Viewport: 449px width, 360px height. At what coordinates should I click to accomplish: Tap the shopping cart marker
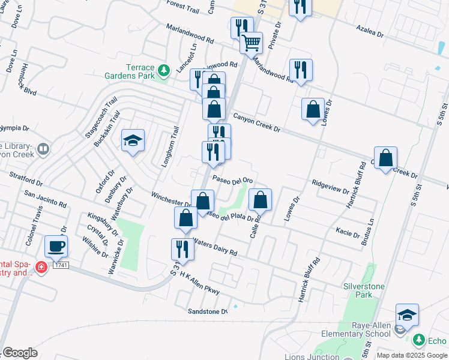[x=251, y=43]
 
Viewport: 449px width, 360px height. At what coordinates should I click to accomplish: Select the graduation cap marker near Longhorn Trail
[x=133, y=142]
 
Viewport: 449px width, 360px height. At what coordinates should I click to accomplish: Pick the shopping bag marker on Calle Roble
[x=260, y=201]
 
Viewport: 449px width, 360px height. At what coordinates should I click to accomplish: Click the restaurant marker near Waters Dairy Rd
[x=182, y=250]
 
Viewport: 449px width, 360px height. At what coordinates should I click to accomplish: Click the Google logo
[x=19, y=353]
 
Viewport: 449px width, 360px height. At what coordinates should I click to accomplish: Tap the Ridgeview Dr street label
[x=330, y=187]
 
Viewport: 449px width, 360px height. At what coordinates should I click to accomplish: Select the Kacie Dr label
[x=348, y=231]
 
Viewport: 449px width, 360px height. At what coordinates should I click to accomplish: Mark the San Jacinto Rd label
[x=46, y=198]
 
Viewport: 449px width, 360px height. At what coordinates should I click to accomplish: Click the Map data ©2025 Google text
[x=412, y=355]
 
